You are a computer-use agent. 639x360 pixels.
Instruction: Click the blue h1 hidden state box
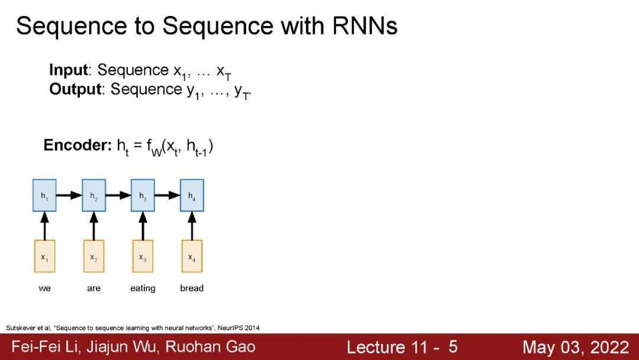point(44,195)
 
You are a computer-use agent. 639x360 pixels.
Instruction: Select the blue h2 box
point(93,195)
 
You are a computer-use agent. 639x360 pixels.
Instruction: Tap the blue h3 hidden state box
point(143,195)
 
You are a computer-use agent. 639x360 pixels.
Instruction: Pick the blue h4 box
point(192,195)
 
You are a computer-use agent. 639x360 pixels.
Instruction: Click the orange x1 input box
point(44,256)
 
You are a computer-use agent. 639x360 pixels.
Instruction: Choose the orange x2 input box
point(93,256)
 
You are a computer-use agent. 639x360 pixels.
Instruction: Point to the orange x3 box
point(143,256)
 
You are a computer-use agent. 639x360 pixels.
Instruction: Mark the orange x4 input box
point(192,256)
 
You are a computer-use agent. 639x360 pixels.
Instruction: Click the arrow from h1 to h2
point(69,195)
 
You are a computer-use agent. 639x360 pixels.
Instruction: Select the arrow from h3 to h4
point(167,195)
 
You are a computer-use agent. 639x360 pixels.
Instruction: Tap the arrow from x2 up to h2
point(93,225)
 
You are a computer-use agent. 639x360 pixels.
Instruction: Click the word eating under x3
point(143,288)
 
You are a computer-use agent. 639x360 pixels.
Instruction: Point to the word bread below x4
point(192,288)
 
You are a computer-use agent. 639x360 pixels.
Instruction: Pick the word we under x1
point(44,288)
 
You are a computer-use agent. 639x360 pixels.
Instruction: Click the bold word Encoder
point(77,145)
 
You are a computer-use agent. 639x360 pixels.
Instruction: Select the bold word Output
point(75,90)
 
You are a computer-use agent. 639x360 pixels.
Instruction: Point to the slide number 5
point(453,346)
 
